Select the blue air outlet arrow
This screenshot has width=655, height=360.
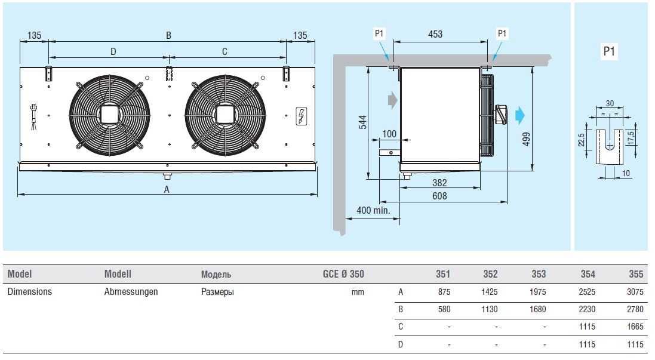521,113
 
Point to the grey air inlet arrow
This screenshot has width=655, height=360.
392,99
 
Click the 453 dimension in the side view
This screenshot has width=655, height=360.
435,34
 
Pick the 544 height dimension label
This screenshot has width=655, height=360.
362,123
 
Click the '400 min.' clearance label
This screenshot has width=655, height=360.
373,210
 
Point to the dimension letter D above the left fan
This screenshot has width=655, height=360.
113,52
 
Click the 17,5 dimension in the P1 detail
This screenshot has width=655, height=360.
632,137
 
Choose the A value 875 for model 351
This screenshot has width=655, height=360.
444,293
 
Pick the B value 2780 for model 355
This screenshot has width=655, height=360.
636,310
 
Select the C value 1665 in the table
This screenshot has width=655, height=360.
636,327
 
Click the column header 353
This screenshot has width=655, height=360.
539,275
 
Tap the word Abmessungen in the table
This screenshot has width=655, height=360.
131,293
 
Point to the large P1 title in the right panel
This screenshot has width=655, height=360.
609,51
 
